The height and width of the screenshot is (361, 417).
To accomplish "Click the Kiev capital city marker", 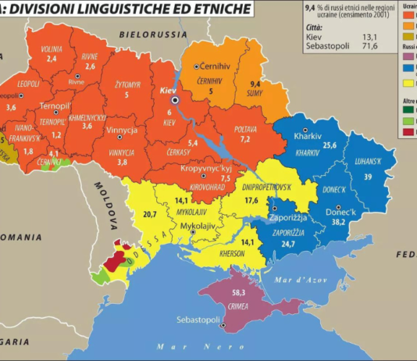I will pos(176,101).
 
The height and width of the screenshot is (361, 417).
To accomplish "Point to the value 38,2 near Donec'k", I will pos(340,221).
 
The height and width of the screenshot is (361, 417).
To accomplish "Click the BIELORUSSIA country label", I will pos(153,35).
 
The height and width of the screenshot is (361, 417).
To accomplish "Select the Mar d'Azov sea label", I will pos(301,278).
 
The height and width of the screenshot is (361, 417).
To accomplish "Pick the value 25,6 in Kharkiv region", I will pos(330,145).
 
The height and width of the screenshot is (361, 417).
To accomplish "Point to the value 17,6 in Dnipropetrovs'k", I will pos(251,200).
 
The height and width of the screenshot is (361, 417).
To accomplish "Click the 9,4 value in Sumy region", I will pos(255,83).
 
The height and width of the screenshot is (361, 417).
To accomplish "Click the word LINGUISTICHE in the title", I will pos(109,9).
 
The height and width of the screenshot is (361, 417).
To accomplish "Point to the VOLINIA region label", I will pos(52,48).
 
